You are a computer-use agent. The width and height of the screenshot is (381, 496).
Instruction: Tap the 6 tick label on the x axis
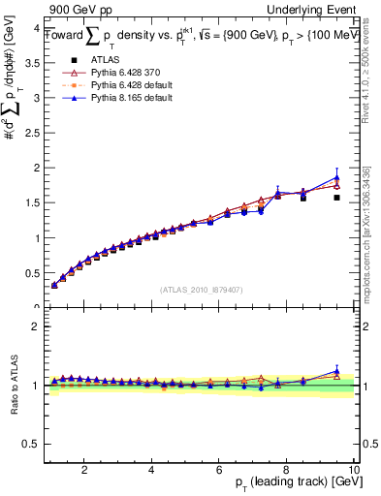pos(219,470)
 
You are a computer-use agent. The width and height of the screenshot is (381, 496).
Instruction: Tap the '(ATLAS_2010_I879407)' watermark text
pos(202,290)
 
